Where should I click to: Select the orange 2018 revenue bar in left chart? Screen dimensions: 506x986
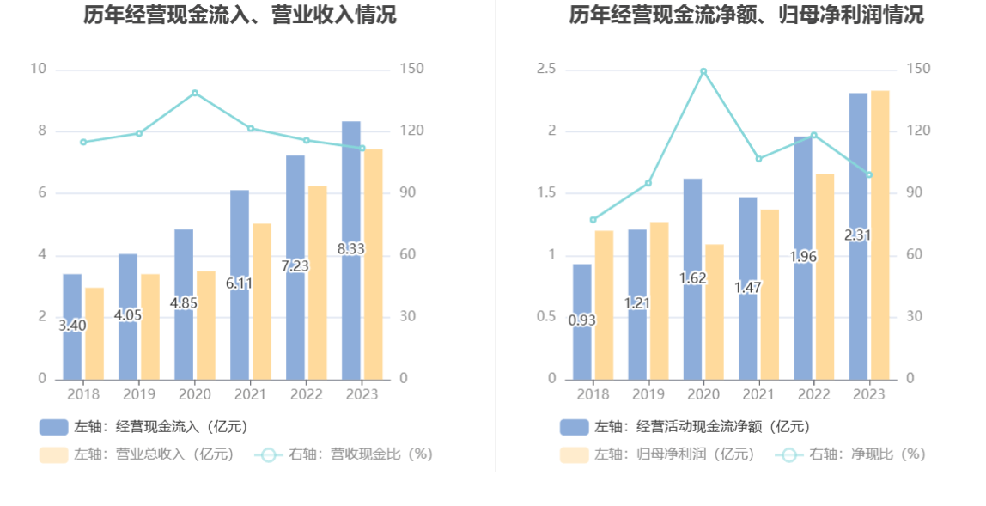(x=94, y=335)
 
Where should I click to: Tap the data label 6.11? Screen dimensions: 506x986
(x=240, y=283)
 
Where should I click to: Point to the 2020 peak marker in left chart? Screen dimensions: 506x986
(x=195, y=93)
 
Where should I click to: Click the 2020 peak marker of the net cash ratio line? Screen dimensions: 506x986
(x=703, y=71)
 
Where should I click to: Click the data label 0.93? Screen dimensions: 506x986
(x=581, y=320)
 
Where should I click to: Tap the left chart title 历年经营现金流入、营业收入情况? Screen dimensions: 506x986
(x=240, y=15)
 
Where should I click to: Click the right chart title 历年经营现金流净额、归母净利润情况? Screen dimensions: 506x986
(x=746, y=15)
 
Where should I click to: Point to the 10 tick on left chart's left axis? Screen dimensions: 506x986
(x=38, y=69)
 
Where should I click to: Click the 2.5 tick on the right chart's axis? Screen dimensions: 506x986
(x=546, y=69)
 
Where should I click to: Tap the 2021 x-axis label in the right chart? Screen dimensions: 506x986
(x=758, y=394)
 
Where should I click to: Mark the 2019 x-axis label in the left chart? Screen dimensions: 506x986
(x=139, y=394)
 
